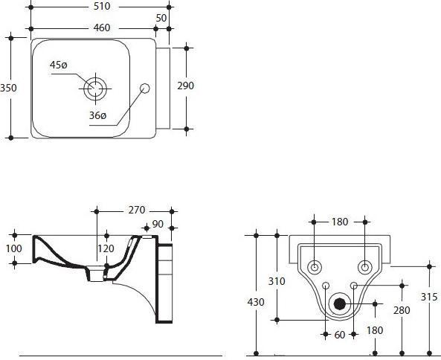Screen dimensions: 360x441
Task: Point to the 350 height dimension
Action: (8, 88)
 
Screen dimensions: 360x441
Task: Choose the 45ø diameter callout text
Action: (58, 65)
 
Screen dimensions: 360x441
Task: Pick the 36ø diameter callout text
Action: (97, 115)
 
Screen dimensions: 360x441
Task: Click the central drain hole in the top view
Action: (94, 89)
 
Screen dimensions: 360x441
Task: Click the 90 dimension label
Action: (158, 223)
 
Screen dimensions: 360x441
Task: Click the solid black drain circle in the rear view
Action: (340, 303)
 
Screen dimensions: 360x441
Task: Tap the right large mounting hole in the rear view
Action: (365, 267)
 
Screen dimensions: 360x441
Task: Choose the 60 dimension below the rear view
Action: (340, 335)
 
